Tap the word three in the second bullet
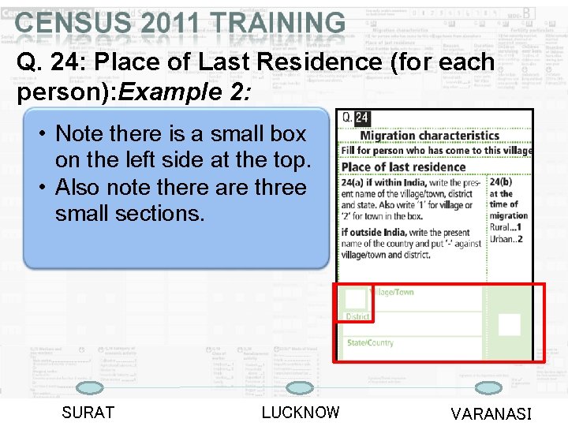tap(275, 188)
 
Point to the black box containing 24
tap(361, 118)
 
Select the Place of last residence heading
tap(403, 166)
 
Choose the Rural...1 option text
tap(506, 227)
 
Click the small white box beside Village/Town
tap(356, 298)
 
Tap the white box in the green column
tap(510, 324)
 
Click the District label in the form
tap(357, 316)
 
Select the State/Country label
tap(370, 342)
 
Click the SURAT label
tap(88, 413)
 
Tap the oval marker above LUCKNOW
tap(299, 387)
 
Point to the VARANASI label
tap(491, 414)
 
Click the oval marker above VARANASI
tap(490, 387)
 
